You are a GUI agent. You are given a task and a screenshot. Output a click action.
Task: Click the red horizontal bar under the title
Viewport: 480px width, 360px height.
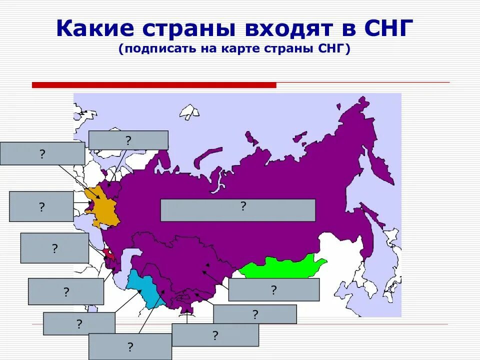point(154,85)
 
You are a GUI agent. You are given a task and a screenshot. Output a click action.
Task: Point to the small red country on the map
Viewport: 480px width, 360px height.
point(108,253)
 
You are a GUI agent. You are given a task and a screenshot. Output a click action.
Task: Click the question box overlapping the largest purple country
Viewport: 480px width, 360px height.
point(237,210)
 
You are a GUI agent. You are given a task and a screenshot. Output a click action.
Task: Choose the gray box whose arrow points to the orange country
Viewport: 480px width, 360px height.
point(42,153)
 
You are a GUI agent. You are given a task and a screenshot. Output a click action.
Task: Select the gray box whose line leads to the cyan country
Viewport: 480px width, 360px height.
point(130,346)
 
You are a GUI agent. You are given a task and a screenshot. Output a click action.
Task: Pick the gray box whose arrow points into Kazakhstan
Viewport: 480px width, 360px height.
point(273,290)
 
